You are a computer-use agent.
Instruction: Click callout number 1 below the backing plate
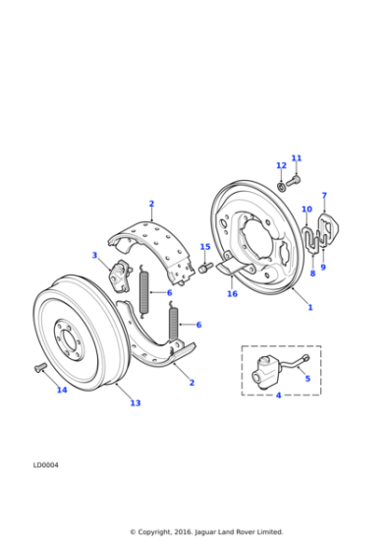310,307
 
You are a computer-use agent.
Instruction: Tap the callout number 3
95,256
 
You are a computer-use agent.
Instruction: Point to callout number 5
306,378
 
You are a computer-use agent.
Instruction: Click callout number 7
324,196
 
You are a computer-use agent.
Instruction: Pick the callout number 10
306,210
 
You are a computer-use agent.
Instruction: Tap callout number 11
297,158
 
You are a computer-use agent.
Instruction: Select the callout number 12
281,165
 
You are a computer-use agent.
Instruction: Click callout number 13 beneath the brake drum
136,402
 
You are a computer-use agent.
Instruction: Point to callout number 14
61,390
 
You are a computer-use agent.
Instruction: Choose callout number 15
205,247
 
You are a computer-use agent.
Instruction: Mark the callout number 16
232,293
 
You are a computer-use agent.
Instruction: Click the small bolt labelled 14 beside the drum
40,367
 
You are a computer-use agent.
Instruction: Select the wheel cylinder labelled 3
120,275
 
